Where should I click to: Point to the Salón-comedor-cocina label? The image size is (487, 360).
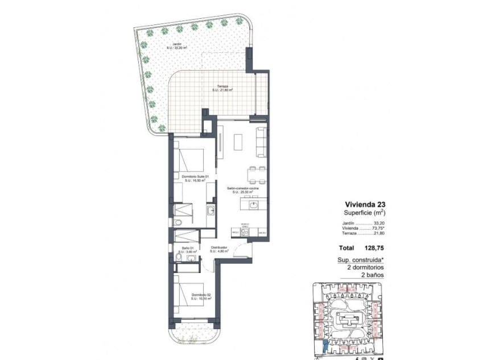243,189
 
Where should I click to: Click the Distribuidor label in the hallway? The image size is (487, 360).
219,248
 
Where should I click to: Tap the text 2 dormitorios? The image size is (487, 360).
365,267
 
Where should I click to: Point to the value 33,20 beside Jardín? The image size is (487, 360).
379,224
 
